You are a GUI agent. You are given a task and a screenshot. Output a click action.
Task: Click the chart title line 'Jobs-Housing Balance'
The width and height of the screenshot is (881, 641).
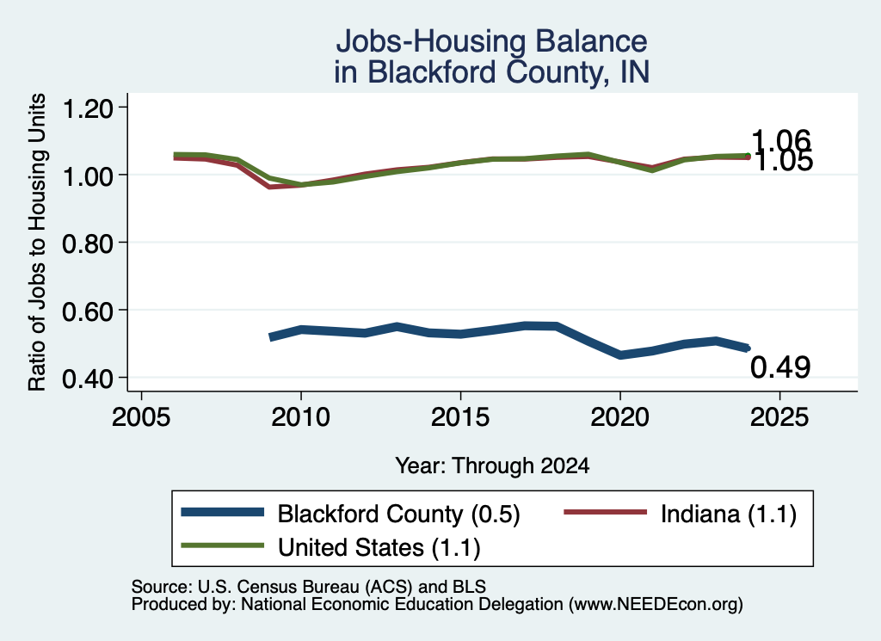coord(491,41)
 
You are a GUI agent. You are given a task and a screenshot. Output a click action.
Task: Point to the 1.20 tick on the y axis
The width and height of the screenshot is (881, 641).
coord(88,108)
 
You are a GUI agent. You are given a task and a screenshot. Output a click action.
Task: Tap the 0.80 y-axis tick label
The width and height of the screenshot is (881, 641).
coord(88,243)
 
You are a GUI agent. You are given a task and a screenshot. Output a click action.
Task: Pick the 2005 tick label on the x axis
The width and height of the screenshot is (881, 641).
coord(142,417)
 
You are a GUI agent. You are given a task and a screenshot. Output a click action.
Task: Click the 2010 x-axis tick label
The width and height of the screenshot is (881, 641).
coord(300,417)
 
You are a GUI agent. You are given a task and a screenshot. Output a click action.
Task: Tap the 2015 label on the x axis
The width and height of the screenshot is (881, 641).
coord(460,417)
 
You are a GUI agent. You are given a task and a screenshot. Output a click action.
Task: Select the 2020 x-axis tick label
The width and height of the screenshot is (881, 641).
coord(619,417)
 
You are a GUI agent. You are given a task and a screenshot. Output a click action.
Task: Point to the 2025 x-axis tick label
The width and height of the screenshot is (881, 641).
coord(779,417)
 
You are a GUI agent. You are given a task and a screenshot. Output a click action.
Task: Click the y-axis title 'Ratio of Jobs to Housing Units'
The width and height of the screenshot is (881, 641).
coord(37,242)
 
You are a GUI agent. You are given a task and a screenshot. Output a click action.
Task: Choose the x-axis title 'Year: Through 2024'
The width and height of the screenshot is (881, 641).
coord(492,465)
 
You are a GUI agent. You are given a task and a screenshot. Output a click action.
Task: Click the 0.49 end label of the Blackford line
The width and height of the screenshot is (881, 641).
coord(780,367)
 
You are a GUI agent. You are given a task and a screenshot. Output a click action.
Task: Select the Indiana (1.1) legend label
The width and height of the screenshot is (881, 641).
coord(728,514)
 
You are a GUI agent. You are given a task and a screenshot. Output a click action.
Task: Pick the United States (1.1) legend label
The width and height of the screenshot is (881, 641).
coord(379,547)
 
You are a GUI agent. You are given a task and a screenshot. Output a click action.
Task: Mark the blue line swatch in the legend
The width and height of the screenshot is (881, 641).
coord(223,512)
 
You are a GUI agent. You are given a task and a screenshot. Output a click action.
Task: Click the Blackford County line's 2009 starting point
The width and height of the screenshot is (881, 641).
coord(271,337)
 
